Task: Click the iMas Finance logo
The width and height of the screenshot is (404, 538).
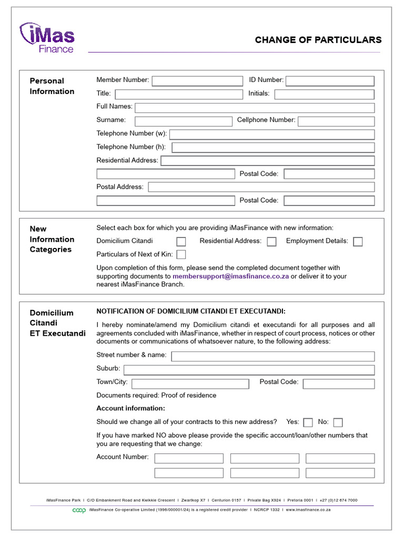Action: coord(47,37)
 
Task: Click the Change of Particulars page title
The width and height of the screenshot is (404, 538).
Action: coord(318,40)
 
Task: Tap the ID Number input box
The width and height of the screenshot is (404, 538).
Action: coord(330,80)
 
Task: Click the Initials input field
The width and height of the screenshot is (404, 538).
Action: coord(324,94)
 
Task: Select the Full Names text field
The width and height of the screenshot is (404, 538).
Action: coord(255,107)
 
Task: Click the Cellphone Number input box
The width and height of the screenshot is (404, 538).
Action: coord(336,121)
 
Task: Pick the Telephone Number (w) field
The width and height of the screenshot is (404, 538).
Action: coord(272,134)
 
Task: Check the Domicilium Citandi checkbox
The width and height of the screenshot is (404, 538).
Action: coord(181,242)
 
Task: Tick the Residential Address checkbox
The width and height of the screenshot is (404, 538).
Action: coord(271,242)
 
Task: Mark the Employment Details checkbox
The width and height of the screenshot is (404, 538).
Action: coord(358,242)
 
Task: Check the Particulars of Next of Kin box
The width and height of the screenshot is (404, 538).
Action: coord(181,255)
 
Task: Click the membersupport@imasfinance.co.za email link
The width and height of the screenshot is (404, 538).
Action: coord(230,276)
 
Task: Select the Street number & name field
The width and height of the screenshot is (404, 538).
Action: coord(273,356)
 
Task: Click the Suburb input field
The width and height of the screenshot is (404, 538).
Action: coord(249,369)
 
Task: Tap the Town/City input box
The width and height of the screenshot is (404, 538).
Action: coord(190,384)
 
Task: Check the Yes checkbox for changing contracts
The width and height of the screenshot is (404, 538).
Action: coord(308,422)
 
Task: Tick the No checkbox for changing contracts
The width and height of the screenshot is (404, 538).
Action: coord(338,422)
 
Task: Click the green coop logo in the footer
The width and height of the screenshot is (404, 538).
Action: coord(79,510)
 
